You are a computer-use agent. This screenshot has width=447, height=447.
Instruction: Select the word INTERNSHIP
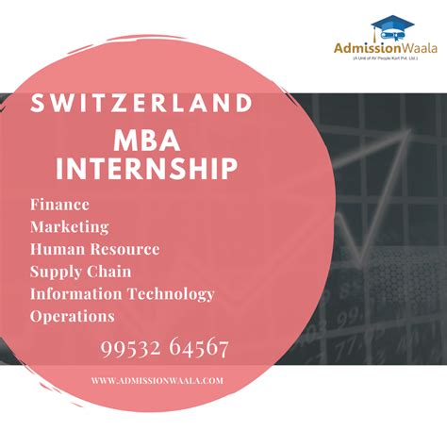tap(145, 171)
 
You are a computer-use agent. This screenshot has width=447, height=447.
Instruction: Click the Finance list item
tap(59, 205)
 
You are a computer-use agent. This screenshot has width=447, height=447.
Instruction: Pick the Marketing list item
tap(69, 227)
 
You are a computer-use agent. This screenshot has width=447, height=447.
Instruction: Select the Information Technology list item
tap(123, 294)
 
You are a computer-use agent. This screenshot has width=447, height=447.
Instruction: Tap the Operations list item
tap(73, 317)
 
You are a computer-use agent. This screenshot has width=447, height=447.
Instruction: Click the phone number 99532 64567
tap(164, 348)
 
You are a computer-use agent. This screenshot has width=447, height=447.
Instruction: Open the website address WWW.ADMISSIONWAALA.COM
tap(157, 381)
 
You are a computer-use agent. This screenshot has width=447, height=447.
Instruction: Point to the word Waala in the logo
tap(418, 49)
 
